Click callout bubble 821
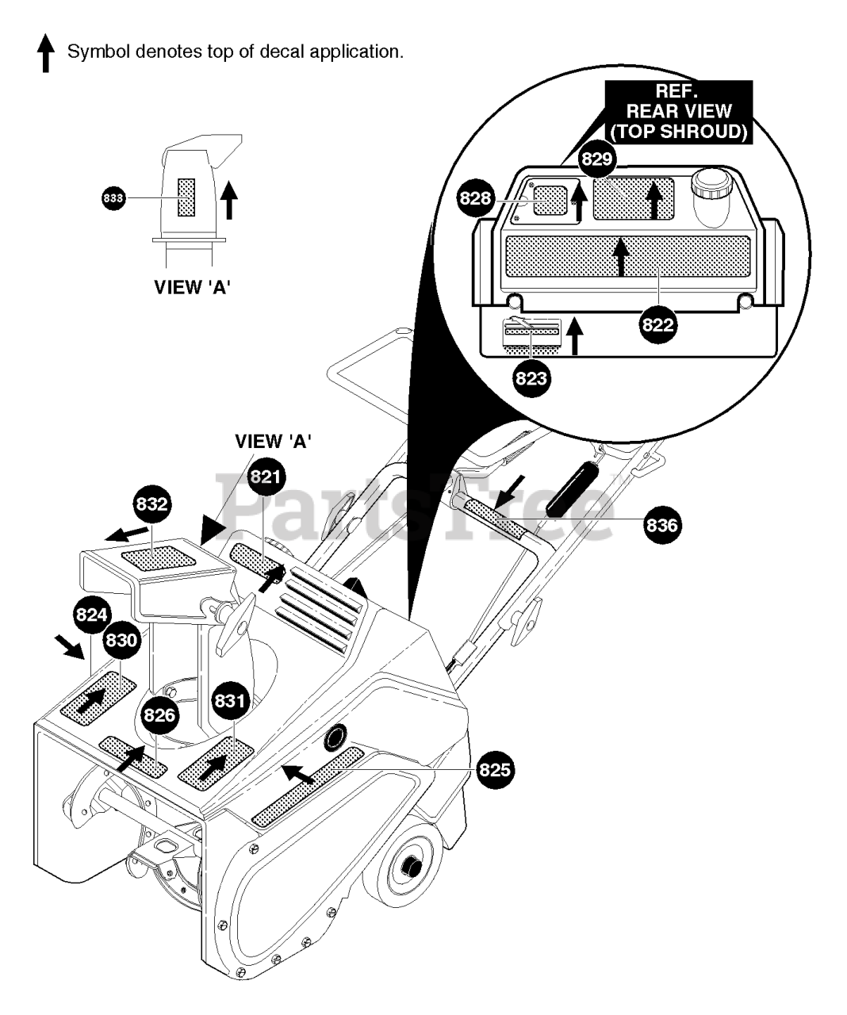tap(266, 477)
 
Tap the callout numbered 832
tap(152, 504)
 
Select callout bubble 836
tap(662, 525)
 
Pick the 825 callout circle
tap(495, 769)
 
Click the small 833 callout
tap(113, 198)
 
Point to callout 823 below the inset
tap(531, 377)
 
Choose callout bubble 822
tap(658, 325)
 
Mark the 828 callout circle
tap(476, 198)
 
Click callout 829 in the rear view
tap(597, 159)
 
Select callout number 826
tap(159, 715)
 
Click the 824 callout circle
tap(92, 615)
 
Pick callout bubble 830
tap(121, 640)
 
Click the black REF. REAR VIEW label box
tap(679, 112)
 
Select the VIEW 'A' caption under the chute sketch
tap(192, 287)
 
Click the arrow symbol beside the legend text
tap(46, 53)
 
